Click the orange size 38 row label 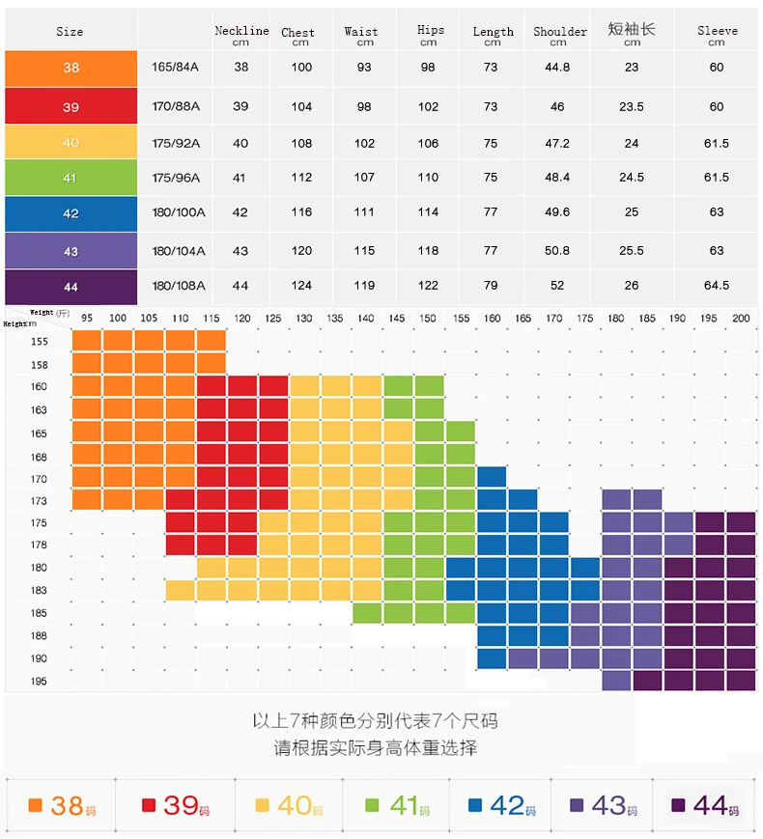(x=71, y=69)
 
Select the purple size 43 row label (x=71, y=251)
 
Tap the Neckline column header (x=241, y=36)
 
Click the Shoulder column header (x=559, y=36)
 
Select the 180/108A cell (x=179, y=286)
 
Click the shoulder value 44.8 (x=557, y=68)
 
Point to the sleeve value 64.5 (x=717, y=286)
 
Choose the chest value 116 (x=301, y=213)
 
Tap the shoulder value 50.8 (x=557, y=251)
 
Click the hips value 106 (x=428, y=143)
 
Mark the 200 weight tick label (x=741, y=318)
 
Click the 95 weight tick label (x=87, y=318)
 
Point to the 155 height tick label (x=39, y=342)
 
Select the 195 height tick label (x=39, y=682)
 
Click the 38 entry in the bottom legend (x=59, y=805)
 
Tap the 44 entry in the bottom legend (x=704, y=805)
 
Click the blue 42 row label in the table (x=71, y=213)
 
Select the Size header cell (x=70, y=32)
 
